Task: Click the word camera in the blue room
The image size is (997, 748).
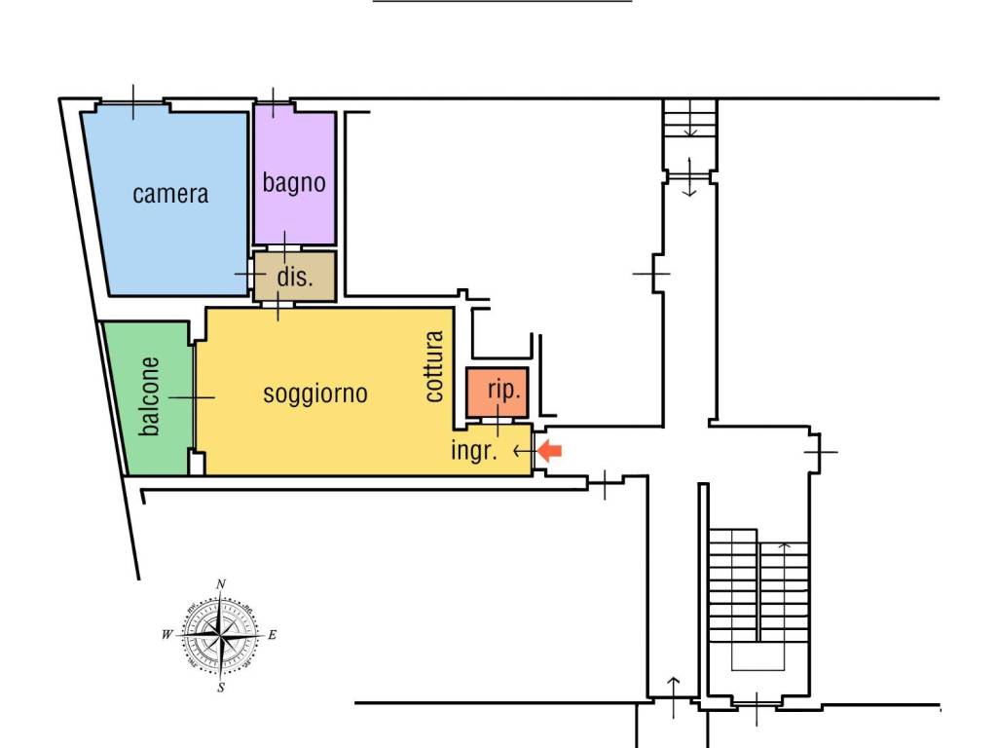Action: tap(170, 194)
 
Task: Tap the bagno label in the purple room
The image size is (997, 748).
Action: tap(294, 182)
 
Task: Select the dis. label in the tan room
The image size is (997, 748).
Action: tap(295, 277)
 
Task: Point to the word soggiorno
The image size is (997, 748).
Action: tap(315, 394)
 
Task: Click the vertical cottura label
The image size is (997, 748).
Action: tap(433, 366)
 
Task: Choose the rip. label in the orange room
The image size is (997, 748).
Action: tap(503, 390)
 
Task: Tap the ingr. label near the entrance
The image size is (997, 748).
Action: tap(474, 451)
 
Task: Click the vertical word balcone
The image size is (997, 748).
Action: tap(149, 396)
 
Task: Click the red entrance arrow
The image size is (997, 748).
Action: tap(549, 452)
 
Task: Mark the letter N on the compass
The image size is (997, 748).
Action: tap(221, 584)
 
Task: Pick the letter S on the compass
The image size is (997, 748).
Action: tap(221, 688)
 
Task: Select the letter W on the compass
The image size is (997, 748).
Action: tap(167, 634)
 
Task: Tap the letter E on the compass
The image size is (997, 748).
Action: tap(273, 635)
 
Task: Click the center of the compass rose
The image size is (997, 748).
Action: tap(220, 635)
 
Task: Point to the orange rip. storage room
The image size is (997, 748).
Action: tap(498, 393)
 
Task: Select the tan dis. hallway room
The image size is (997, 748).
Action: tap(294, 277)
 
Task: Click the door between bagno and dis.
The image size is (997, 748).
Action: tap(284, 247)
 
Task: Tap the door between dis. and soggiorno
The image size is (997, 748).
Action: tap(277, 305)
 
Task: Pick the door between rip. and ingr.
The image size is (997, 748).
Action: tap(498, 421)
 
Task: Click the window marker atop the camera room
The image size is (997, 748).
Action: tap(132, 101)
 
